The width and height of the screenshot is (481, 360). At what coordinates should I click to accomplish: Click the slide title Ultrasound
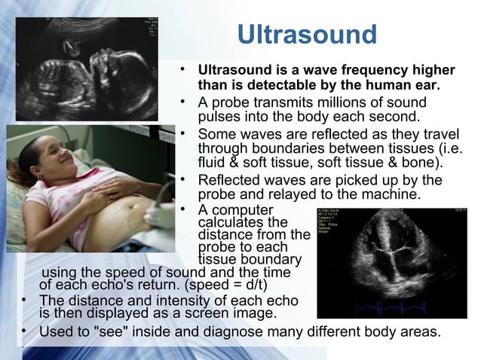tap(306, 35)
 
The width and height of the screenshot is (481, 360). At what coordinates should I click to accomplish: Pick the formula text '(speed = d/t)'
tap(228, 285)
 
